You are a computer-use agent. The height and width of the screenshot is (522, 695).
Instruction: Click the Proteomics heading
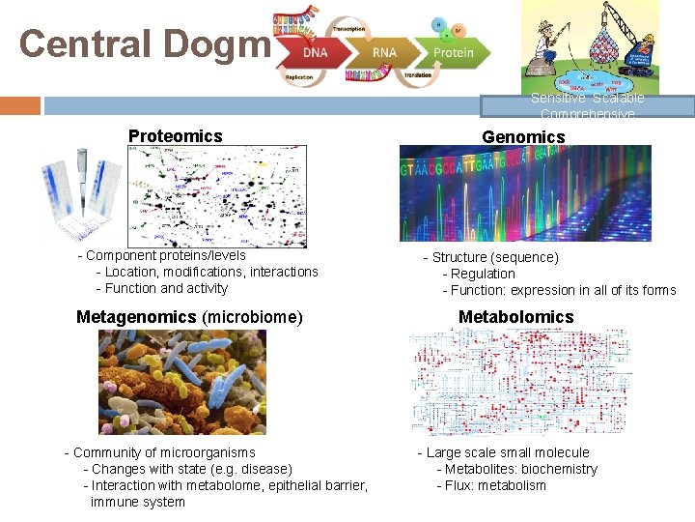tap(175, 136)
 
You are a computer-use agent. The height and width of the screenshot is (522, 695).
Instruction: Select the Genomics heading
tap(523, 137)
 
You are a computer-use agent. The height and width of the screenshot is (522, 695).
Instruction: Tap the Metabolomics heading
tap(515, 317)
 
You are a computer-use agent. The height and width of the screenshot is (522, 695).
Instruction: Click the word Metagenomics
tap(136, 317)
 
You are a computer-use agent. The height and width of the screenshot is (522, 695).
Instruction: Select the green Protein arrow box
tap(452, 52)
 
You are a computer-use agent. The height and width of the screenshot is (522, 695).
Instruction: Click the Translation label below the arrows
tap(418, 74)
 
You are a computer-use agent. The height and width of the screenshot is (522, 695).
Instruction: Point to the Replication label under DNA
tap(299, 74)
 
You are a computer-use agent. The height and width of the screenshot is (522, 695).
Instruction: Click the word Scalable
tap(619, 99)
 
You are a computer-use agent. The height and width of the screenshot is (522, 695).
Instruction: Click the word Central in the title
tap(81, 43)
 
